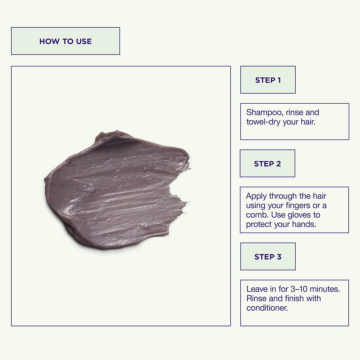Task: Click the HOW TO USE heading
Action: pos(65,41)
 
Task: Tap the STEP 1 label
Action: pos(268,80)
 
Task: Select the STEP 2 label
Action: pos(267,164)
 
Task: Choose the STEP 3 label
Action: pos(268,257)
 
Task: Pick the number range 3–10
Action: pos(299,289)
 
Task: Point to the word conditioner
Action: pos(267,308)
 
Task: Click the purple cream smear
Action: pos(117,191)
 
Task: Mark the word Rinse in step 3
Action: pos(256,298)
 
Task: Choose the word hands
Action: pos(304,224)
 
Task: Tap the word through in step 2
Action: pos(283,196)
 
